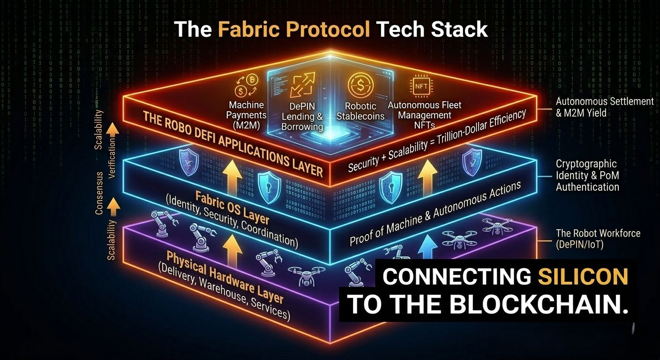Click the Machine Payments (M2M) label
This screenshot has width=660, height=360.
[x=247, y=115]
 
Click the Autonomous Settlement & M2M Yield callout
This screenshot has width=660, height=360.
[x=604, y=106]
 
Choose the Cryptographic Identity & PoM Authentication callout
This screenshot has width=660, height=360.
[x=587, y=175]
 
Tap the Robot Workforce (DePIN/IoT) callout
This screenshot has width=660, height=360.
[x=598, y=238]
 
